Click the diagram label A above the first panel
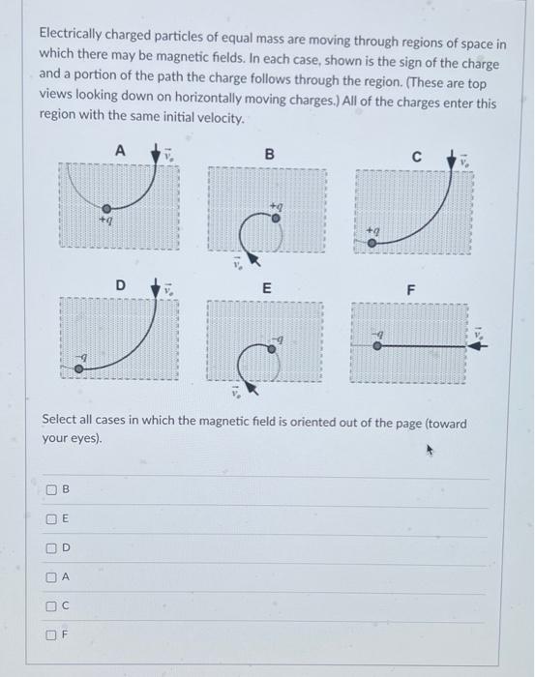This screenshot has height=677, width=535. (x=120, y=150)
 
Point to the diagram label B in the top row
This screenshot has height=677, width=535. (x=270, y=154)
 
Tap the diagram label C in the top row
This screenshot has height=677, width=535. (x=417, y=155)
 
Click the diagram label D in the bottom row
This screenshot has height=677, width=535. (x=121, y=286)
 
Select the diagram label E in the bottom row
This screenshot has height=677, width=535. (x=268, y=289)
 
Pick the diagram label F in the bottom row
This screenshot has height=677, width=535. (x=411, y=289)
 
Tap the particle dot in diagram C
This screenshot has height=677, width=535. (x=372, y=244)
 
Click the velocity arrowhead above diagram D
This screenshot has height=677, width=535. (x=156, y=287)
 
